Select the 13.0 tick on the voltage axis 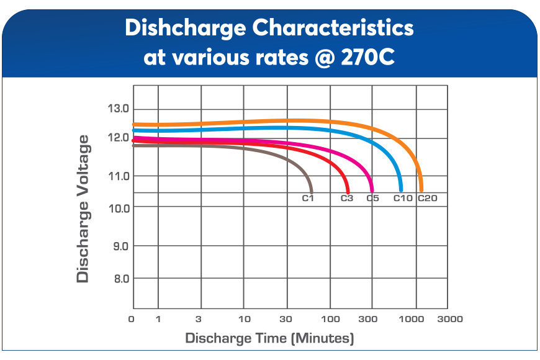pyautogui.click(x=117, y=109)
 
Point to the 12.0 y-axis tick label pyautogui.click(x=117, y=137)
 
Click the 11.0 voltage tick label pyautogui.click(x=117, y=176)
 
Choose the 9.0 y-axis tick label pyautogui.click(x=120, y=246)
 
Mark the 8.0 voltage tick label pyautogui.click(x=120, y=278)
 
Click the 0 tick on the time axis pyautogui.click(x=132, y=319)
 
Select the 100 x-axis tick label pyautogui.click(x=330, y=319)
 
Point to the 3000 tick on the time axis pyautogui.click(x=449, y=319)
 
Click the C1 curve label pyautogui.click(x=308, y=199)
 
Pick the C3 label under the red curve pyautogui.click(x=347, y=199)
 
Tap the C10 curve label pyautogui.click(x=403, y=199)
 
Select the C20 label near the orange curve pyautogui.click(x=428, y=199)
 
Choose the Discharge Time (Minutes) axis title pyautogui.click(x=269, y=338)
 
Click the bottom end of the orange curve pyautogui.click(x=421, y=189)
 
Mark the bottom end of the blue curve pyautogui.click(x=400, y=189)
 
